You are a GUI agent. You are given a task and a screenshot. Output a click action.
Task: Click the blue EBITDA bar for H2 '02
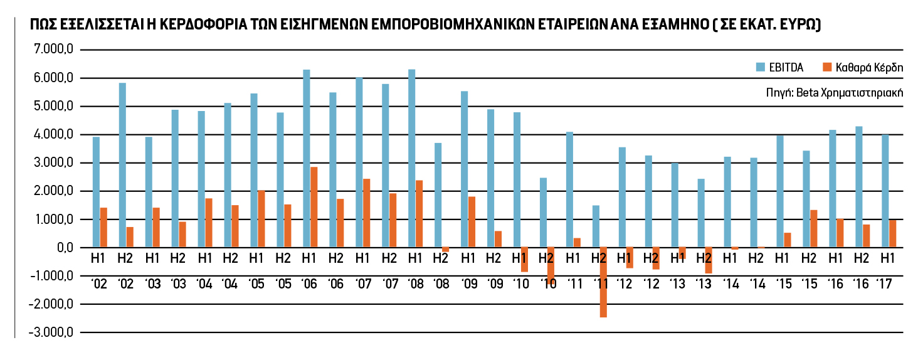coord(122,165)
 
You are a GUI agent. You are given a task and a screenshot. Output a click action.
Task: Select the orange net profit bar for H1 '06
coord(314,207)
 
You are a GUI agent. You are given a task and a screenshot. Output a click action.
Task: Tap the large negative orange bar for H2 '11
coord(603,282)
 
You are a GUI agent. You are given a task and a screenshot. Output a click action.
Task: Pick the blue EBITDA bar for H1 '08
coord(411,159)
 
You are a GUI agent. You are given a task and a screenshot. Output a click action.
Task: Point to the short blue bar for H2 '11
coord(596,226)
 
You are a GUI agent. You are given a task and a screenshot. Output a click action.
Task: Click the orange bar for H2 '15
coord(814,229)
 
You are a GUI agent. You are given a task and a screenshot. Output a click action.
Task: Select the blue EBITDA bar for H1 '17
coord(885,191)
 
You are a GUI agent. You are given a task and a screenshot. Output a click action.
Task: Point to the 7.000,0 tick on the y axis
coord(56,50)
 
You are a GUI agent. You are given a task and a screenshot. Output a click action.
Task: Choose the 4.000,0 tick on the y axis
coord(56,135)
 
